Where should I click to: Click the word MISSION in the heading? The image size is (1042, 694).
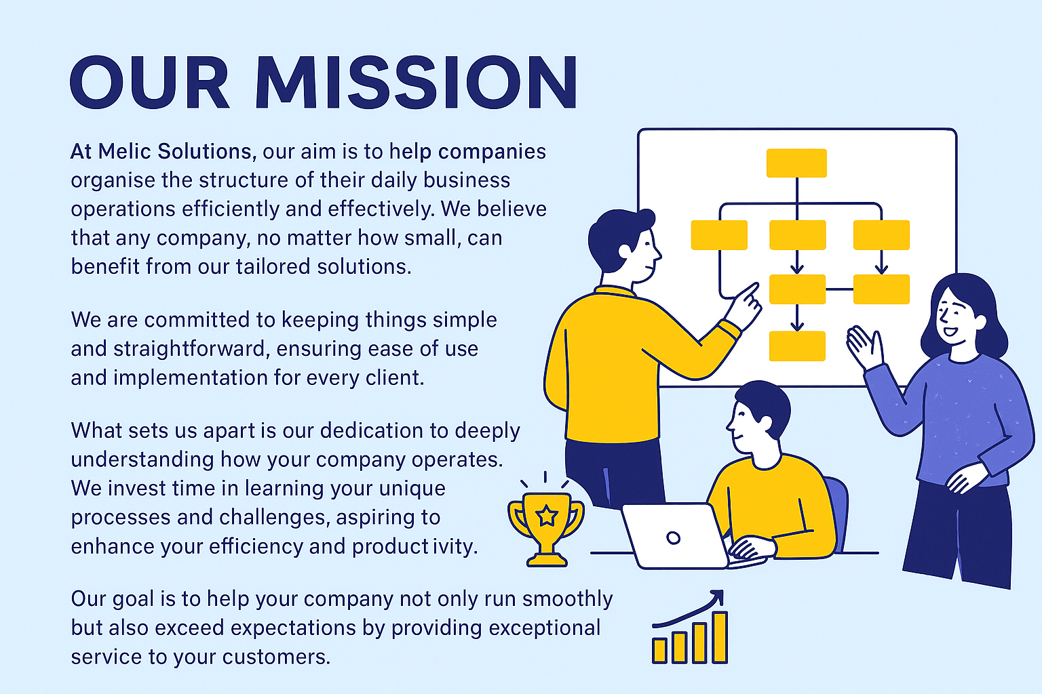pos(417,82)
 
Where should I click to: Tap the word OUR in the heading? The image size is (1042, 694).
pos(150,82)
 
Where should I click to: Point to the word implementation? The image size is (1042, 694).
pos(191,378)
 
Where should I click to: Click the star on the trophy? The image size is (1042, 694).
pos(547,516)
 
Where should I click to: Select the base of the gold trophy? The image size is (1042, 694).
pos(547,559)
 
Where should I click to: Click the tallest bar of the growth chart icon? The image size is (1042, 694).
pos(720,637)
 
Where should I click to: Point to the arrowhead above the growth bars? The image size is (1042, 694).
pos(718,596)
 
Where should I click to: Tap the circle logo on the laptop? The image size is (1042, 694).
pos(673,538)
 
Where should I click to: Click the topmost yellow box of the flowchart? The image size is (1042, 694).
pos(796,163)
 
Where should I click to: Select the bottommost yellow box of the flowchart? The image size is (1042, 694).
pos(797,346)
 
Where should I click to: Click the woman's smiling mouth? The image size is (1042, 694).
pos(950,332)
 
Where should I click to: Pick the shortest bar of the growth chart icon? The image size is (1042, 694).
pos(659,651)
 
